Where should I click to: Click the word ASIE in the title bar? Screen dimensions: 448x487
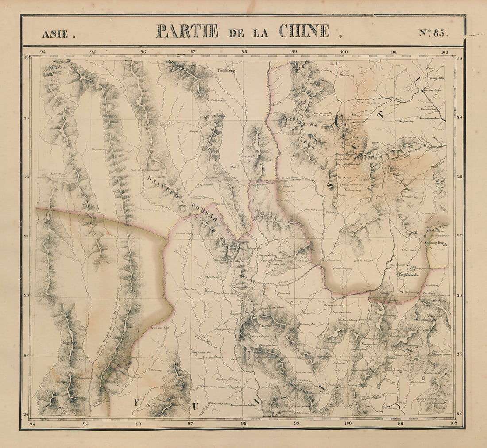pyautogui.click(x=55, y=33)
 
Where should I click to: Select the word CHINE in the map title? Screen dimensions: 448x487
pyautogui.click(x=305, y=31)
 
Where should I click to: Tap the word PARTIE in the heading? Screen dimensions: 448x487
pyautogui.click(x=187, y=31)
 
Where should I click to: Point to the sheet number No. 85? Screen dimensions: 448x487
pyautogui.click(x=434, y=33)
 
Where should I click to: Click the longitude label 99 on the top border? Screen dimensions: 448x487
pyautogui.click(x=294, y=52)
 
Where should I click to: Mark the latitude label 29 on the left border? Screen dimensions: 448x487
pyautogui.click(x=26, y=118)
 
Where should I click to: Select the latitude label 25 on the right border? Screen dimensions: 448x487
pyautogui.click(x=459, y=354)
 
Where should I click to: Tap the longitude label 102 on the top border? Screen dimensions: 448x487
pyautogui.click(x=444, y=52)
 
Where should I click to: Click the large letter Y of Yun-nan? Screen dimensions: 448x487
pyautogui.click(x=136, y=402)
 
